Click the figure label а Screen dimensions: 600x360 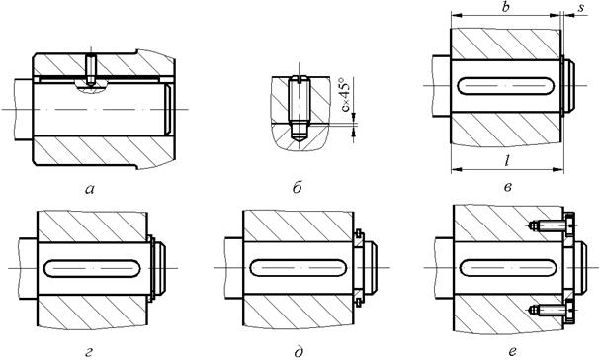click(x=90, y=189)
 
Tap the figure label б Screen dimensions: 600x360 click(x=298, y=187)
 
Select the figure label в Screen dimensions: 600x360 click(x=508, y=188)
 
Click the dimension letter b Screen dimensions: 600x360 click(x=506, y=7)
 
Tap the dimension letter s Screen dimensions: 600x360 click(x=581, y=9)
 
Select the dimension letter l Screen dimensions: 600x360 click(x=506, y=161)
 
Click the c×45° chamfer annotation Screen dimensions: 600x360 click(x=346, y=95)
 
